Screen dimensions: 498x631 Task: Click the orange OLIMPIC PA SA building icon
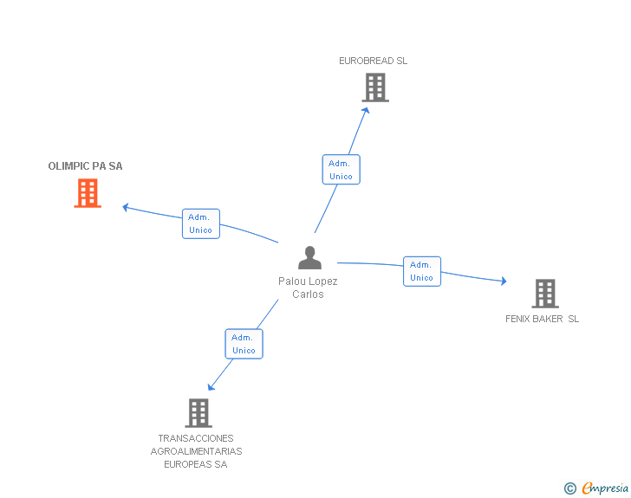pos(88,193)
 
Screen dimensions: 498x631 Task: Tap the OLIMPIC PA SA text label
pos(85,166)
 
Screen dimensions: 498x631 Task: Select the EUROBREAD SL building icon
pos(374,87)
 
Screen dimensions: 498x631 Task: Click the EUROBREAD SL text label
pos(373,61)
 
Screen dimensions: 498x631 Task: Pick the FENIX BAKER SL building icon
pos(544,294)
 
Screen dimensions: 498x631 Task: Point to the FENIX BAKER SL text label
pos(543,319)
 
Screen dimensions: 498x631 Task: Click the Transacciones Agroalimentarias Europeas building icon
pos(198,412)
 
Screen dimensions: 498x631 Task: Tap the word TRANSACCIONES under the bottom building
pos(196,438)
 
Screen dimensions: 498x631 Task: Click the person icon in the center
pos(309,257)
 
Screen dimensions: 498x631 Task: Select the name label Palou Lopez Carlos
pos(308,288)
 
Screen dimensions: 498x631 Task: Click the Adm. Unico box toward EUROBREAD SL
pos(341,170)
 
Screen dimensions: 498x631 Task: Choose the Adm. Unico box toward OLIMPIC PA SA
pos(201,223)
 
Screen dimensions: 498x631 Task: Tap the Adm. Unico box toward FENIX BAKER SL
pos(422,271)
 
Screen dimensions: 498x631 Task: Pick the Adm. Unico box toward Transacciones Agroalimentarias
pos(244,344)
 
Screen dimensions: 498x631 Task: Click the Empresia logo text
pos(605,488)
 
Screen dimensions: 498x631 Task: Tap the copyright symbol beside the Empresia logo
pos(569,489)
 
